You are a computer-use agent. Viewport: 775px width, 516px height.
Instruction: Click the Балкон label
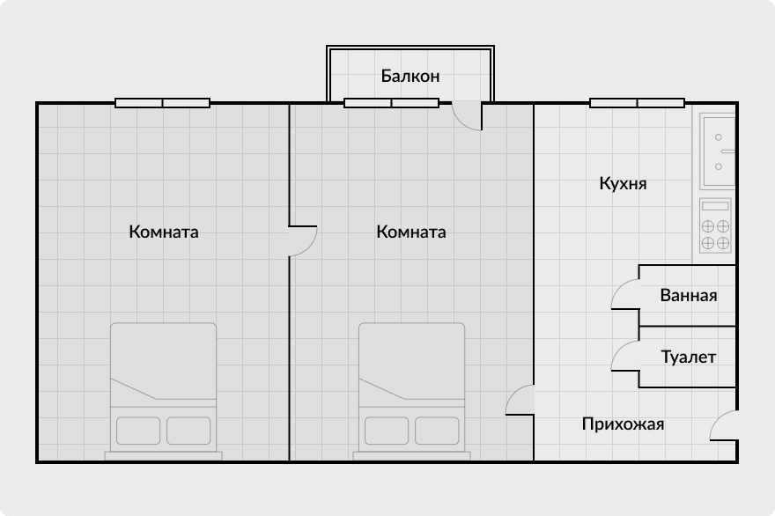click(410, 77)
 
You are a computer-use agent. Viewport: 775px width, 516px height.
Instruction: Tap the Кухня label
click(623, 185)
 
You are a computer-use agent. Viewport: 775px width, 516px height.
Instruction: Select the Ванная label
click(688, 296)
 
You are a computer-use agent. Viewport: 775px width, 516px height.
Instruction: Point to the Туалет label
click(688, 358)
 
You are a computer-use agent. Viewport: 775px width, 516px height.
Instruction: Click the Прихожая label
click(623, 424)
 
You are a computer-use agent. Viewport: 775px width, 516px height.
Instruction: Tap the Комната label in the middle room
click(410, 232)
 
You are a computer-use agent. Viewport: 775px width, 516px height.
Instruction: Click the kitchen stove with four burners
click(715, 226)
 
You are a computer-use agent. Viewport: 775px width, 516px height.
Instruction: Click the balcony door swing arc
click(469, 116)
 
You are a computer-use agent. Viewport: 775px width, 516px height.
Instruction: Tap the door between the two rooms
click(302, 240)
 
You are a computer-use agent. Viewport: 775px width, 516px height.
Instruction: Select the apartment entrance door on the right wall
click(724, 426)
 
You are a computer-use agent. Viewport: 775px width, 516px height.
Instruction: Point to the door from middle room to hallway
click(520, 401)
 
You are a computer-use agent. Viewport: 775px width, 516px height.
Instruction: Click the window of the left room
click(163, 103)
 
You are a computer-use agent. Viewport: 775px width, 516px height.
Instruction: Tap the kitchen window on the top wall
click(637, 103)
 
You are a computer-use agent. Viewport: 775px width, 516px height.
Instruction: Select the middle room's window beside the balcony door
click(391, 103)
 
